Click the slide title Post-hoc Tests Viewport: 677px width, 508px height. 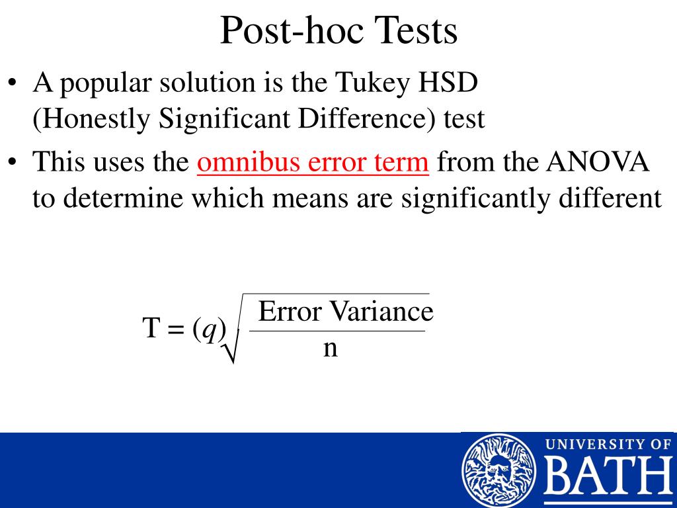[338, 30]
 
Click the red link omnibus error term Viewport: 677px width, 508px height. [313, 162]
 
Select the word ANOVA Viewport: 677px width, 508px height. [598, 162]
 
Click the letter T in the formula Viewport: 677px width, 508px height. [151, 327]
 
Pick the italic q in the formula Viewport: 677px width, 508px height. [210, 328]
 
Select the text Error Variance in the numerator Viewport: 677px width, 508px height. [345, 311]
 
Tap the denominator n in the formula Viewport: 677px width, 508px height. [330, 347]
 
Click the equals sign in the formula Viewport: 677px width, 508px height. [176, 328]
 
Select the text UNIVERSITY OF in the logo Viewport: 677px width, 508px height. [607, 444]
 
